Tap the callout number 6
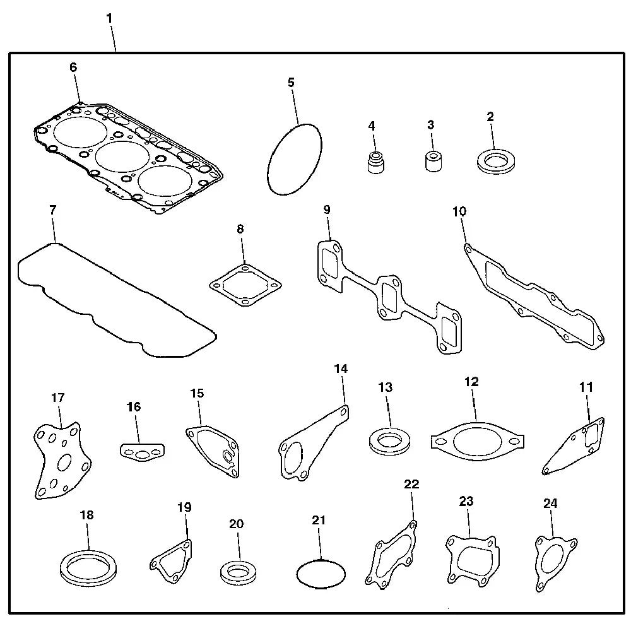click(x=73, y=68)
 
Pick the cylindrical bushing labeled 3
click(x=432, y=160)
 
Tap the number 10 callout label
click(x=459, y=211)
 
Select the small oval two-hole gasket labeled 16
click(x=142, y=451)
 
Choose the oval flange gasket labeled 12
click(x=478, y=440)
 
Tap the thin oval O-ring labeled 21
click(x=321, y=573)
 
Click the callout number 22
click(x=411, y=484)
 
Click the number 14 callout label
click(x=341, y=369)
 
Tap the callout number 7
click(x=53, y=210)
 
